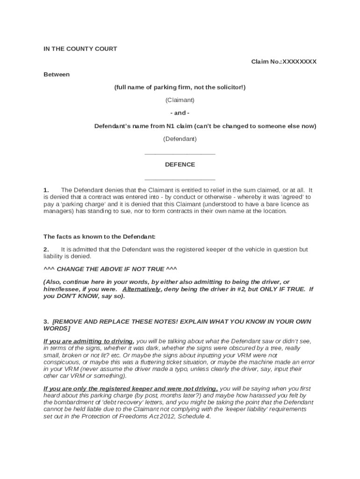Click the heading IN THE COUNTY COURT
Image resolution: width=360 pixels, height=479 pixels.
[x=80, y=49]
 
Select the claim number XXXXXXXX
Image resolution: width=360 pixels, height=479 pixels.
[x=299, y=62]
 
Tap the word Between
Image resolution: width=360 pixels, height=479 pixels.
[x=57, y=74]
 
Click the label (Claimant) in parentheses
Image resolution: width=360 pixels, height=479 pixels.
[x=180, y=100]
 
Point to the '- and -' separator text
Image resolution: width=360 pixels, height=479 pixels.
[x=180, y=113]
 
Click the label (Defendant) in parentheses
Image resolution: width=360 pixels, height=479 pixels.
[x=180, y=139]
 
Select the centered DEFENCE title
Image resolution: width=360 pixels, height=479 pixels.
[x=180, y=165]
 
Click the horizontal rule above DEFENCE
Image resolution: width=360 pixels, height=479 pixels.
[x=180, y=154]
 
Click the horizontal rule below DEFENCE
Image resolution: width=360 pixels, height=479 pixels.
[x=180, y=180]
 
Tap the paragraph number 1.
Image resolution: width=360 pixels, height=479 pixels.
[x=46, y=190]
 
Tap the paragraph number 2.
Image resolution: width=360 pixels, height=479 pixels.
[x=46, y=249]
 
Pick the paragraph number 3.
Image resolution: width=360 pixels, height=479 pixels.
[x=46, y=322]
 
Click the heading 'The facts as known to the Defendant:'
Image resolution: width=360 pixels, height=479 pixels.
[x=100, y=236]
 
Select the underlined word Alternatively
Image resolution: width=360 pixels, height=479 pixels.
[x=141, y=289]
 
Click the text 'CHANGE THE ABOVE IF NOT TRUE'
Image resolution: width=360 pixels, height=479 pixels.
[x=110, y=269]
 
